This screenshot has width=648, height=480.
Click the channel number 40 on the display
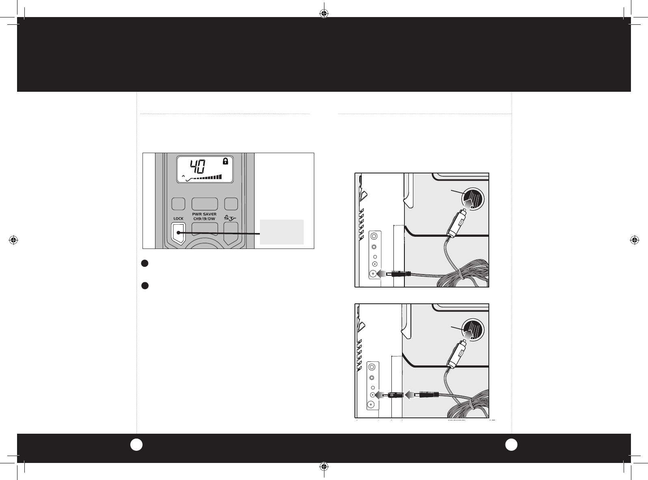click(x=198, y=166)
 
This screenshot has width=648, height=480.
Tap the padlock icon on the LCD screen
click(x=225, y=161)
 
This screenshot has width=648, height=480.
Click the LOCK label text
click(x=178, y=218)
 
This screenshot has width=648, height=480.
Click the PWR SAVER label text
click(x=204, y=214)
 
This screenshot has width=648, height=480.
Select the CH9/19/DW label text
click(x=204, y=218)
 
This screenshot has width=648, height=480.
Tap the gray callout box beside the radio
click(x=282, y=232)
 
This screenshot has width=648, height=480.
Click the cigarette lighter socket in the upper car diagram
click(x=473, y=199)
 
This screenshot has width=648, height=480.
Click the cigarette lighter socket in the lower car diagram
click(x=473, y=330)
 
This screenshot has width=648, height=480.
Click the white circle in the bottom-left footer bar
click(x=136, y=445)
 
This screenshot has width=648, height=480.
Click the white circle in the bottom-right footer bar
click(x=511, y=445)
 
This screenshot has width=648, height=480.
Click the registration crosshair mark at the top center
click(x=324, y=13)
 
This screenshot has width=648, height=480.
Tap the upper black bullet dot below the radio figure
click(x=145, y=263)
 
